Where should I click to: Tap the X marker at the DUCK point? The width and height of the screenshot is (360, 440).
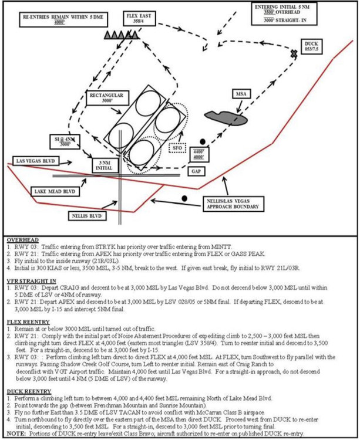point(294,53)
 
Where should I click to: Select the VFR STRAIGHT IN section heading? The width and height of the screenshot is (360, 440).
point(31,281)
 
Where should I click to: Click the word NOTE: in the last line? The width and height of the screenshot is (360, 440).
point(14,434)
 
